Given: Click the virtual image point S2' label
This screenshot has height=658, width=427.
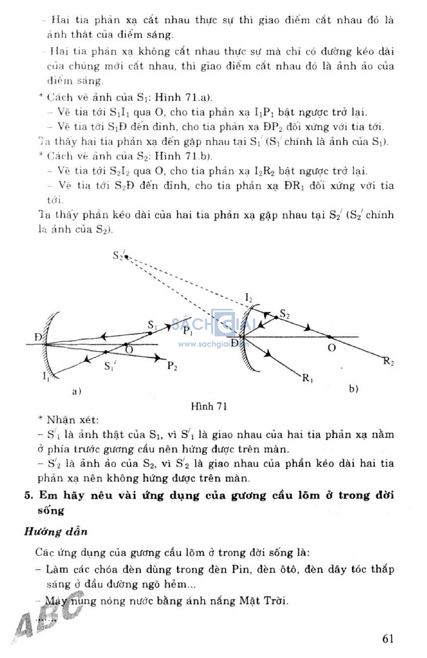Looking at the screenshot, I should click(118, 255).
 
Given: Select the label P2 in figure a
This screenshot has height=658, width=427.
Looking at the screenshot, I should click(172, 366).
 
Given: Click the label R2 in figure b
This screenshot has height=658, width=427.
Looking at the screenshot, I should click(389, 361).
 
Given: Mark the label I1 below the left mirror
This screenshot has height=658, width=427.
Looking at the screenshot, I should click(47, 376).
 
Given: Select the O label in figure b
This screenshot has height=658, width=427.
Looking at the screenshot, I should click(332, 348).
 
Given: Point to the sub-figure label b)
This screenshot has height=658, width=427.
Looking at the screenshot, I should click(354, 389).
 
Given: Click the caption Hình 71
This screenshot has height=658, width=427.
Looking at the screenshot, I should click(209, 406).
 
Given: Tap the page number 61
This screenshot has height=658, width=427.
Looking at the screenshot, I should click(387, 638).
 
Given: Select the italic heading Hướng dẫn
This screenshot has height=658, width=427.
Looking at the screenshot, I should click(56, 532).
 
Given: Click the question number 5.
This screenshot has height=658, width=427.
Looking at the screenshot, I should click(28, 495).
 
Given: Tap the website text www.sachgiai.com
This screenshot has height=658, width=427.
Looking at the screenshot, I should click(213, 344).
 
